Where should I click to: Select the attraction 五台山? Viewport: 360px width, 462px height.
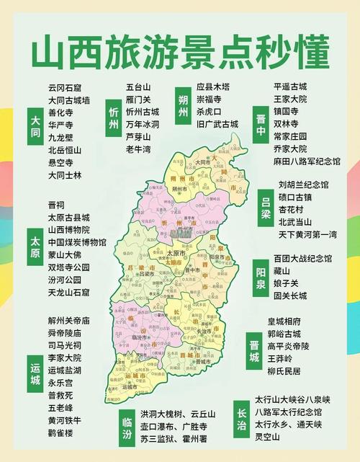tap(138, 87)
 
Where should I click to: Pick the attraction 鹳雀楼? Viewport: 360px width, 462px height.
tap(60, 433)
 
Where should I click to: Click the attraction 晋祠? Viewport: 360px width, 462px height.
tap(55, 205)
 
